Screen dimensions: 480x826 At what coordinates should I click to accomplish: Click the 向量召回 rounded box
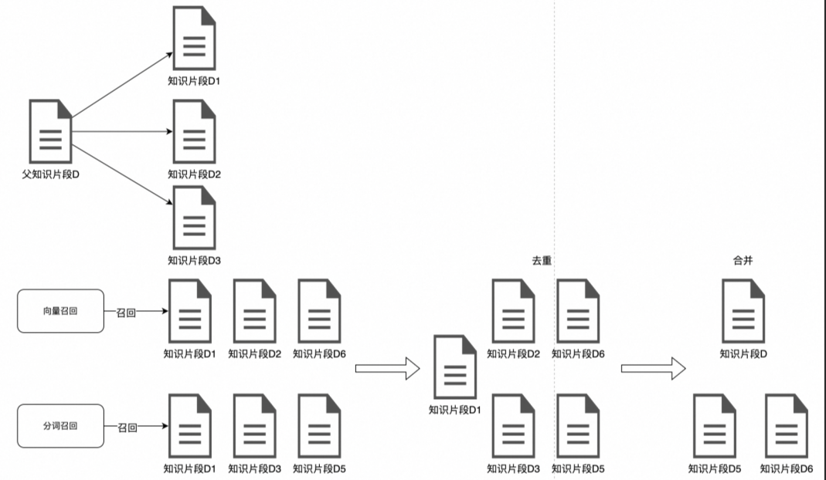pos(60,311)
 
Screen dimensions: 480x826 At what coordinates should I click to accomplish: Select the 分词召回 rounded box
pos(60,426)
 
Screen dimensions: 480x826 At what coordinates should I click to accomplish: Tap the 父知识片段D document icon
pos(51,131)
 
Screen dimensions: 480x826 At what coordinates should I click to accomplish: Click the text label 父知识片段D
pos(51,174)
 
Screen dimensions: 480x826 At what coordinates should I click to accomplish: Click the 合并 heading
pos(743,261)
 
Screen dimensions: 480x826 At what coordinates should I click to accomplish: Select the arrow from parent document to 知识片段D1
pos(121,85)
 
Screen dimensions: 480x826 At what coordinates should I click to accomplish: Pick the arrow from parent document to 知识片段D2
pos(121,131)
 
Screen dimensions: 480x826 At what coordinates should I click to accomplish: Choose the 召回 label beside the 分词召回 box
pos(128,426)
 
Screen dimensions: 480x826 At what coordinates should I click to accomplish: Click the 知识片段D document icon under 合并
pos(743,311)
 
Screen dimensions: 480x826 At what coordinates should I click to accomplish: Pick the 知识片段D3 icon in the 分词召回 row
pos(254,426)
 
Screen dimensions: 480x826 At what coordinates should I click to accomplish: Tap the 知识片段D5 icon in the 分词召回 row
pos(319,426)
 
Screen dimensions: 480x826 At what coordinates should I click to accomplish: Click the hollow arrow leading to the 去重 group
pos(386,369)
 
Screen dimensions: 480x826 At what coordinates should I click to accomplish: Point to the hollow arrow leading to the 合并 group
pos(653,368)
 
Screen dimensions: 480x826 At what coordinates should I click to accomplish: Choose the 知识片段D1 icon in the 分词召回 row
pos(189,426)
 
